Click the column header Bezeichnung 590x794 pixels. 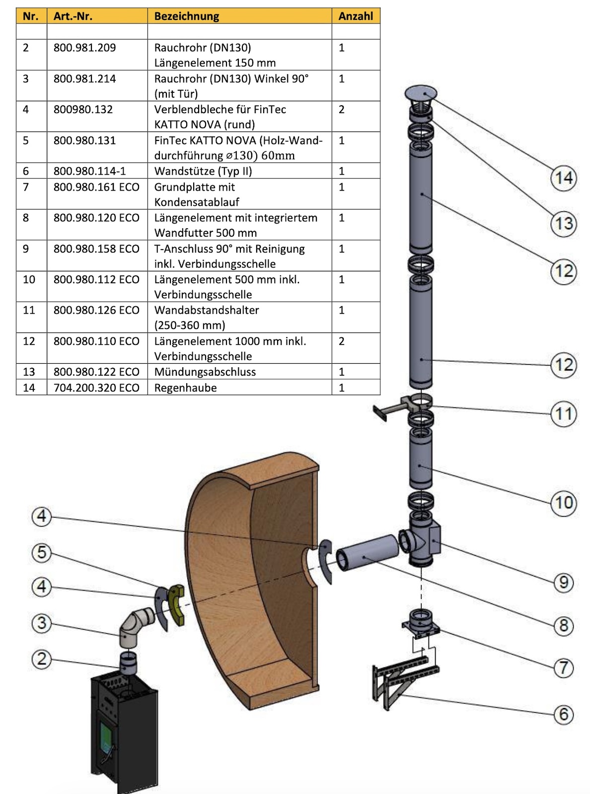coord(187,16)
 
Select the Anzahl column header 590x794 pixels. coord(356,16)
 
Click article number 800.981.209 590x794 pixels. coord(85,48)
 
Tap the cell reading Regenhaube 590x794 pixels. coord(185,388)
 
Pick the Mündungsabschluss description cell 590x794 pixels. coord(205,372)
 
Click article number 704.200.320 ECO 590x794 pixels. coord(96,388)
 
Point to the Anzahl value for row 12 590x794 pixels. coord(342,341)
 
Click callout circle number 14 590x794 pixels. coord(564,178)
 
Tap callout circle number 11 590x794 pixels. coord(564,413)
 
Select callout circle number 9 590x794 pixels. coord(564,582)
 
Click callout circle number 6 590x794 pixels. coord(564,714)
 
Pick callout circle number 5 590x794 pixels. coord(42,552)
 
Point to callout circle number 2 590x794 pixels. coord(42,659)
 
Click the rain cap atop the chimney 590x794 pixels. coord(421,93)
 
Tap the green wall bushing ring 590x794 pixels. coord(177,605)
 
